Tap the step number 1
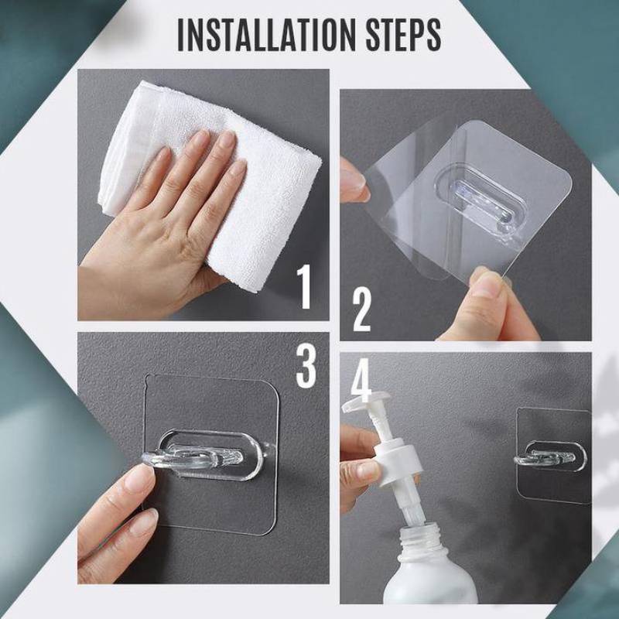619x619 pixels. pyautogui.click(x=306, y=286)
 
